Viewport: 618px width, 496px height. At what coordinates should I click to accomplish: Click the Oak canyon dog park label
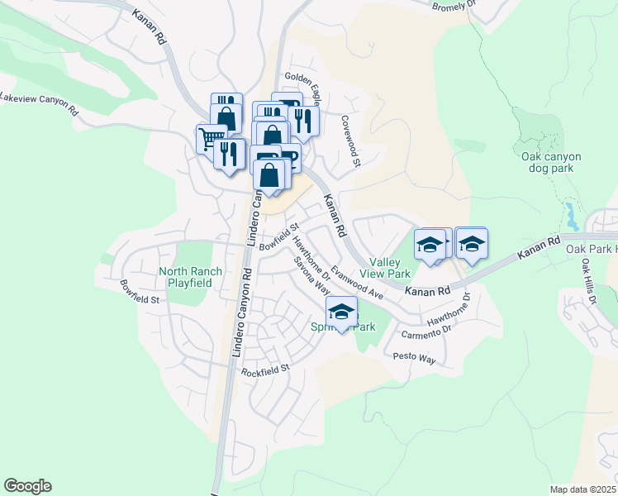coord(551,162)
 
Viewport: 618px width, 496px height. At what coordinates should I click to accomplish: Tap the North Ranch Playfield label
coord(185,276)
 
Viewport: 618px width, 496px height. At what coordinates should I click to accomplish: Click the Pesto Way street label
coord(414,357)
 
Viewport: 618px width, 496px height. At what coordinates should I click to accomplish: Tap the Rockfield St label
coord(266,371)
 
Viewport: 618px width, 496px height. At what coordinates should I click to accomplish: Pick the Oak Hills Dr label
coord(587,281)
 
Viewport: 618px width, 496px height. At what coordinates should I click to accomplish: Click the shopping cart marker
coord(211,138)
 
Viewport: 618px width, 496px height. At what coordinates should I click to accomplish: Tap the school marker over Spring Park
coord(340,312)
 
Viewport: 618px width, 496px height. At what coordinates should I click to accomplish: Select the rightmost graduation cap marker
coord(471,244)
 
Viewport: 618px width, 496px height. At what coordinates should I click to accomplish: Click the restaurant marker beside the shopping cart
coord(229,152)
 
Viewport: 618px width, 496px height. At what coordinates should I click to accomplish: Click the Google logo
coord(28,486)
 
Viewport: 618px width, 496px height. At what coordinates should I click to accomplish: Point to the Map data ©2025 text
coord(583,489)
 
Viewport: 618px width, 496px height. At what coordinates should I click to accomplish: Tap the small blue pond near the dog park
coord(571,216)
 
